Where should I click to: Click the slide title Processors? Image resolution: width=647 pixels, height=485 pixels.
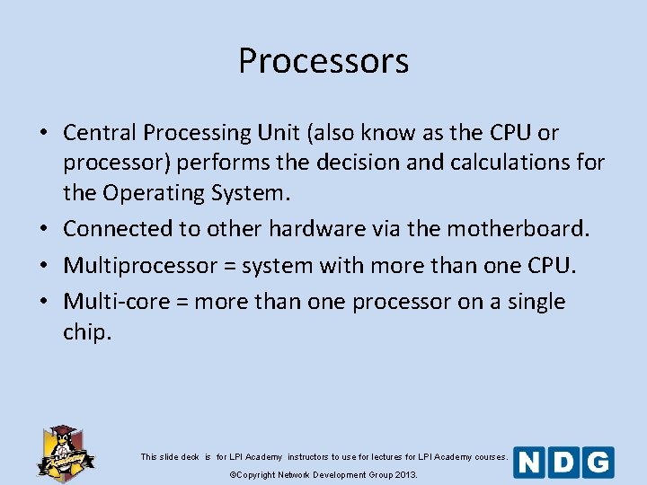(323, 61)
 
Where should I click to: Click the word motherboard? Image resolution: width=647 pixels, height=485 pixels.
(515, 229)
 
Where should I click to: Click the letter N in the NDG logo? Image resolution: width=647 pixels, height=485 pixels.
(530, 463)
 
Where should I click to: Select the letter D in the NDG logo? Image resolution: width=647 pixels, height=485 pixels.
(564, 463)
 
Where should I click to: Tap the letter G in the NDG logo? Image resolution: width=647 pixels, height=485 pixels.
(598, 463)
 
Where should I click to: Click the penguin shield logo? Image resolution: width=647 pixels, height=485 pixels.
(65, 452)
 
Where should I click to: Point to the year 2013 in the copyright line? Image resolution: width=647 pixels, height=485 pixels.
(405, 474)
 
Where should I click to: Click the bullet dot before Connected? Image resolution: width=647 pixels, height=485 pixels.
(43, 230)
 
